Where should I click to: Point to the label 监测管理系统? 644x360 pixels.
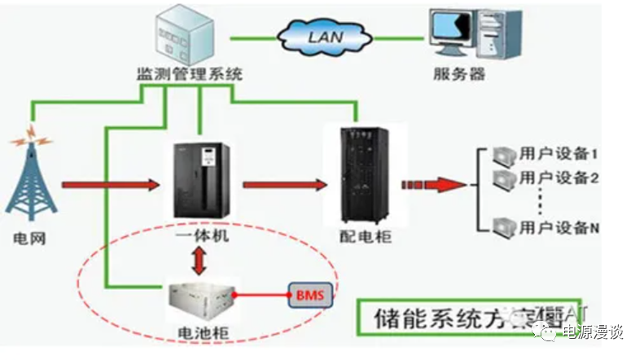(189, 75)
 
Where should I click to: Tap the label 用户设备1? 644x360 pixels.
(558, 154)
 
